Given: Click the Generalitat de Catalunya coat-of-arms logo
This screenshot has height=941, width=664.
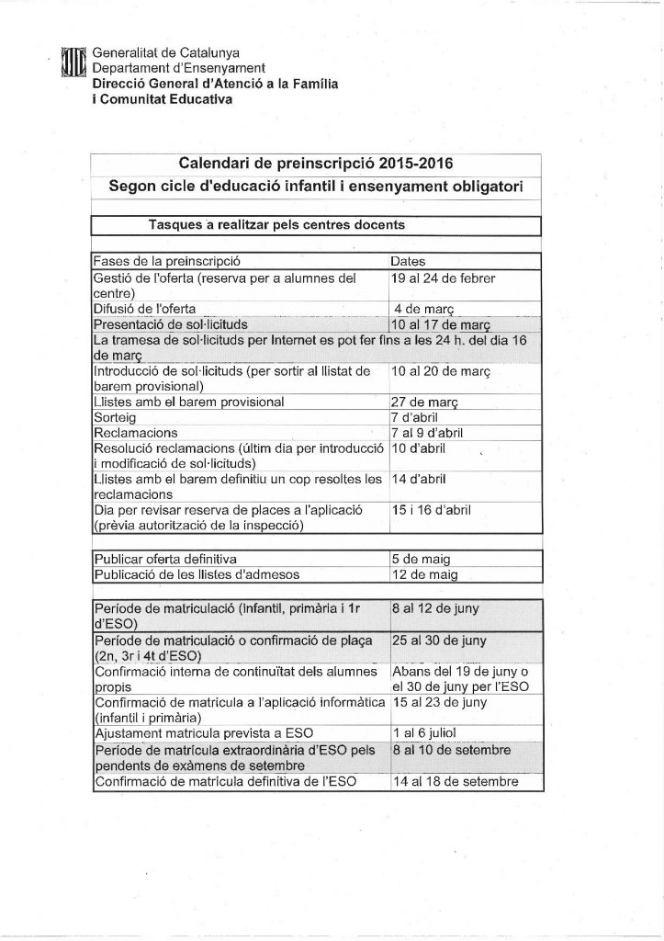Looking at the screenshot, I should pyautogui.click(x=73, y=65).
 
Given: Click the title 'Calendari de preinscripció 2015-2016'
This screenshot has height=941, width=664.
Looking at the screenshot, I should pyautogui.click(x=315, y=164).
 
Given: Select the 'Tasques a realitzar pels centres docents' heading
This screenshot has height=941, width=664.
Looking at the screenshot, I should pyautogui.click(x=276, y=224).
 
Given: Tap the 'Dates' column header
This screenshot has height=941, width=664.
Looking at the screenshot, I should pyautogui.click(x=408, y=261).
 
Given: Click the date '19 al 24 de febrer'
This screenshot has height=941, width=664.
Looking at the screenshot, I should pyautogui.click(x=443, y=277).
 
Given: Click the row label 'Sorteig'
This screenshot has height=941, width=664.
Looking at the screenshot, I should pyautogui.click(x=116, y=417).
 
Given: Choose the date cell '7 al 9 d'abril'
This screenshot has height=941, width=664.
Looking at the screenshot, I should pyautogui.click(x=427, y=433).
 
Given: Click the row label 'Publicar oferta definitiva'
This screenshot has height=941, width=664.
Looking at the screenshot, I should pyautogui.click(x=165, y=559).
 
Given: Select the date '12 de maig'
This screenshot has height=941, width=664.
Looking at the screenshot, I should pyautogui.click(x=425, y=575).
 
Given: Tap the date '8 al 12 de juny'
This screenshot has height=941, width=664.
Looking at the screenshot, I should pyautogui.click(x=434, y=608).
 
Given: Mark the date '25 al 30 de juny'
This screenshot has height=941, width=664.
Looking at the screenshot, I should pyautogui.click(x=439, y=640).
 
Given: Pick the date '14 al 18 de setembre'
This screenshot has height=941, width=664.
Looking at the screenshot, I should pyautogui.click(x=455, y=782).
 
